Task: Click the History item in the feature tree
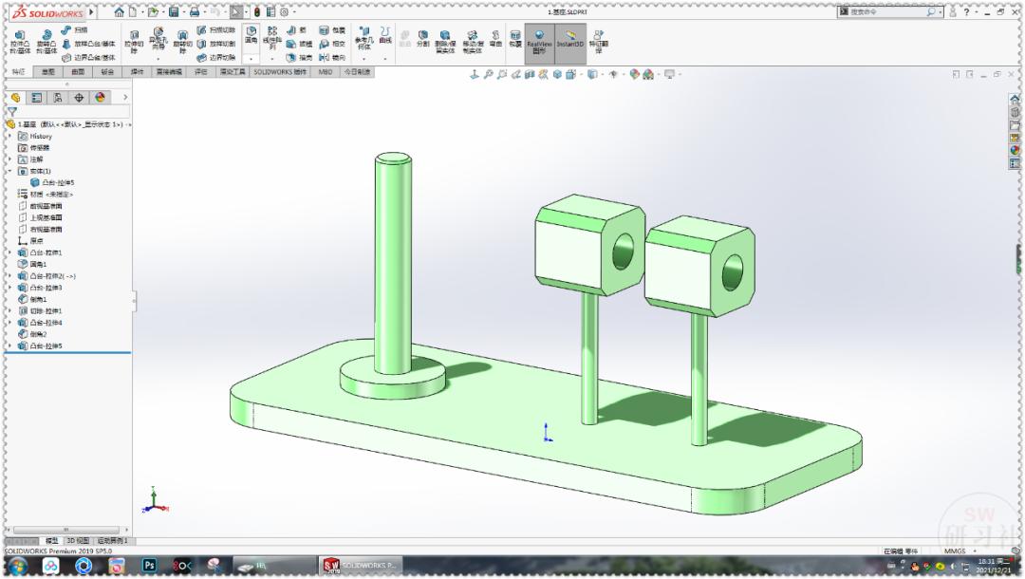[41, 136]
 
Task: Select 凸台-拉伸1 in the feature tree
[46, 252]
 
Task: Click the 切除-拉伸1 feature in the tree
[46, 310]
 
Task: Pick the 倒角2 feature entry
[38, 334]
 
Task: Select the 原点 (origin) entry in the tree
[36, 241]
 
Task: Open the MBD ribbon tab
[326, 71]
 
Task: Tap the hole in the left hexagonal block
[624, 252]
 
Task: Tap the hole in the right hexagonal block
[733, 272]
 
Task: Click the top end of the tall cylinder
[393, 160]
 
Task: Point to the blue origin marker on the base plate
[548, 434]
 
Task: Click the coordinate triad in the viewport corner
[156, 500]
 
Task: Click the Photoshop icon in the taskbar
[149, 565]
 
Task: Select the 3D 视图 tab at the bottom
[77, 540]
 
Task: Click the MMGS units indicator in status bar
[954, 551]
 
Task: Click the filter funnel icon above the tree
[12, 111]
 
